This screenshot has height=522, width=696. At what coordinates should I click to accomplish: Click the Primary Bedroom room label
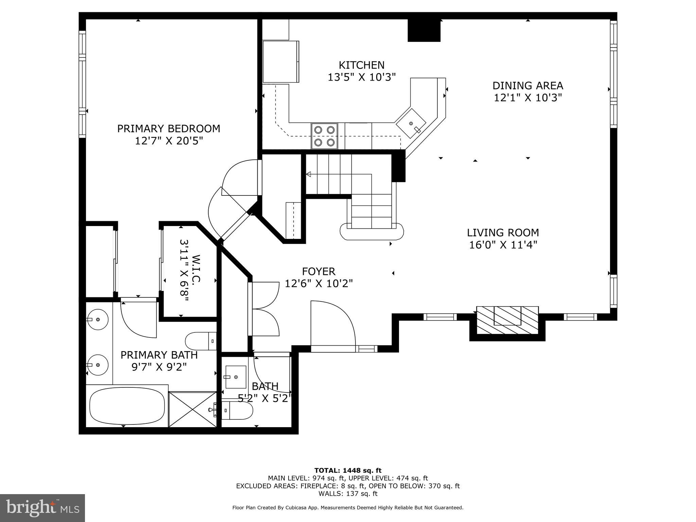point(169,128)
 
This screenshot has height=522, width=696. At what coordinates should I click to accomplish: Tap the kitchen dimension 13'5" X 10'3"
point(362,77)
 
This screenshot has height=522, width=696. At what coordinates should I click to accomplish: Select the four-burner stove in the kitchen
point(325,136)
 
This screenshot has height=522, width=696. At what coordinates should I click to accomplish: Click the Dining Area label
point(528,85)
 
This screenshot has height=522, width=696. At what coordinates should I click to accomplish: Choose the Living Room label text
point(503,233)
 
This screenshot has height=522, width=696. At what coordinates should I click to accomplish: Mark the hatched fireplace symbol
point(507,320)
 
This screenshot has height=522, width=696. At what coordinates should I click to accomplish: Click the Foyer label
point(319,271)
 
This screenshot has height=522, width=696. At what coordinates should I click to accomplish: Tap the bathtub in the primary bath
point(127,406)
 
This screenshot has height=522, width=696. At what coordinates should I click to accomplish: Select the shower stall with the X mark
point(193,409)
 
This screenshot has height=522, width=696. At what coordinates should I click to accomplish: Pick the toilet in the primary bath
point(201,341)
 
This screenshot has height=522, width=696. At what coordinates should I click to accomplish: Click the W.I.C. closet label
point(196,268)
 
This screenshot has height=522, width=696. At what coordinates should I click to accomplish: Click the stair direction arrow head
point(309,174)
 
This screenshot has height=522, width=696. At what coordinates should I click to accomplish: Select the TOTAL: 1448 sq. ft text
point(348,471)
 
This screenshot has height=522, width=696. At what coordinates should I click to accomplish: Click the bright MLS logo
point(42,507)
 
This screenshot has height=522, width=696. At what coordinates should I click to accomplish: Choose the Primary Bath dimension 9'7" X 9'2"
point(159,367)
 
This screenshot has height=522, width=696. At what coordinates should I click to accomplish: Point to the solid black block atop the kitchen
point(424,30)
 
